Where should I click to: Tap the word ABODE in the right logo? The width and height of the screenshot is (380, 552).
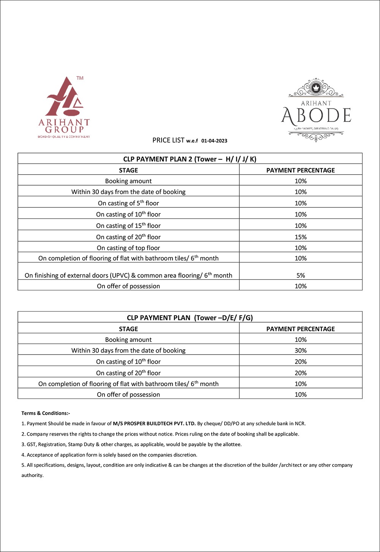click(x=316, y=116)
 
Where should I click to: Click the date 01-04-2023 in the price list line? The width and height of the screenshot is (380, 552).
click(x=214, y=141)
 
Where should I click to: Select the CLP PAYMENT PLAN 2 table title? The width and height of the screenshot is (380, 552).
click(x=190, y=159)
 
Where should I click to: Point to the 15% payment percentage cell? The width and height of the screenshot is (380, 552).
click(x=301, y=237)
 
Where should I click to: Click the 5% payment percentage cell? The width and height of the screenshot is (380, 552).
click(x=301, y=275)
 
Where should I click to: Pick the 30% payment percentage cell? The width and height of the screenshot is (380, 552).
click(x=301, y=350)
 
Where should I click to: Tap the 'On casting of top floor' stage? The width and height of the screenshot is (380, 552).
click(x=128, y=248)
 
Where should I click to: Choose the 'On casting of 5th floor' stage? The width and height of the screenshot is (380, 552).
click(x=128, y=203)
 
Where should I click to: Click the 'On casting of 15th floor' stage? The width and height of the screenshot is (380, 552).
click(x=128, y=226)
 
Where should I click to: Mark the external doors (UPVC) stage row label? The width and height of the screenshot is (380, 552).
click(x=128, y=275)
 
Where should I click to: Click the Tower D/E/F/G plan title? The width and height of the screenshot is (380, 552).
click(x=190, y=318)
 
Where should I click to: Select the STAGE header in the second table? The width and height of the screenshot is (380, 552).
click(x=128, y=329)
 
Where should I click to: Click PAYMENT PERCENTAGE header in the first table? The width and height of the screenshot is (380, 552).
click(x=301, y=170)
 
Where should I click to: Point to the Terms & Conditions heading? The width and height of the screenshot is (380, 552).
click(x=46, y=413)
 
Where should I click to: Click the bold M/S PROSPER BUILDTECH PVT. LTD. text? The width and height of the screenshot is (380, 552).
click(x=154, y=423)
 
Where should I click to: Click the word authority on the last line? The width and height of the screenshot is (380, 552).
click(x=32, y=475)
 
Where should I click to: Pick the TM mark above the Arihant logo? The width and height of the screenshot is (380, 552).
click(x=80, y=78)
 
